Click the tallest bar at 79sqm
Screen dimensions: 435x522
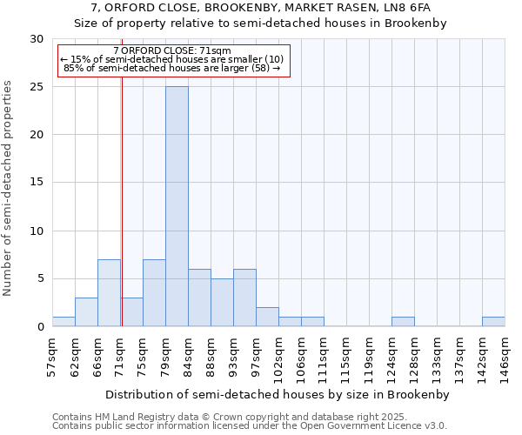click(177, 206)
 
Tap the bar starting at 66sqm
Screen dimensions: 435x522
click(109, 293)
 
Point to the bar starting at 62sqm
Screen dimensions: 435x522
click(86, 312)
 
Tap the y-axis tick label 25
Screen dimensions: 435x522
click(37, 87)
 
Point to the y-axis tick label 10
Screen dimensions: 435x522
click(37, 231)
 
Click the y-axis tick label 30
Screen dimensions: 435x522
click(37, 39)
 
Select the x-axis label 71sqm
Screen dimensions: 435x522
click(121, 357)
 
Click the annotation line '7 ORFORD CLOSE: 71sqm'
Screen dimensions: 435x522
click(172, 50)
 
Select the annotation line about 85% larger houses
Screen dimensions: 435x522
click(172, 68)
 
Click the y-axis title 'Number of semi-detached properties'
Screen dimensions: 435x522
click(9, 188)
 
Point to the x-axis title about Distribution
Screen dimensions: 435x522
click(277, 394)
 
